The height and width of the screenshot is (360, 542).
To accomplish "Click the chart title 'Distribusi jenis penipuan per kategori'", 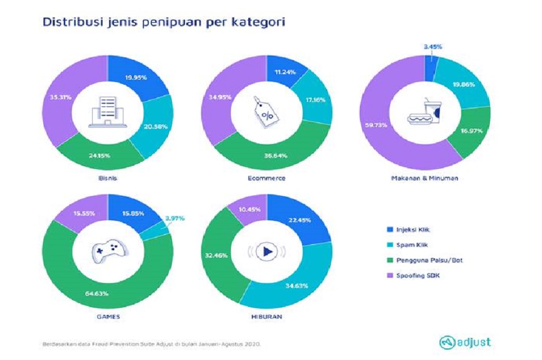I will tap(164, 23).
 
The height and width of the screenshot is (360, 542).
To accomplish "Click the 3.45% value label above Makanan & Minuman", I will tap(432, 47).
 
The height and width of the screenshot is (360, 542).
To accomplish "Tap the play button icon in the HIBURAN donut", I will tap(267, 251).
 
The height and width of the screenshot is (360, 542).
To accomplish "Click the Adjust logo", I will tap(465, 342).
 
